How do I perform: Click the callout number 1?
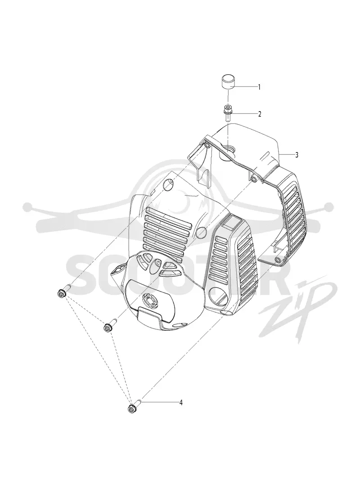click(x=259, y=87)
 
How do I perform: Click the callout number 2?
click(x=260, y=114)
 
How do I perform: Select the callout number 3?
click(x=297, y=155)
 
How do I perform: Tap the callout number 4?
click(x=181, y=402)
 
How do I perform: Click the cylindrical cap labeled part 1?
click(x=227, y=81)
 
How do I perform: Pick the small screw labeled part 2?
click(x=228, y=112)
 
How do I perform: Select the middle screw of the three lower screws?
click(x=110, y=325)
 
